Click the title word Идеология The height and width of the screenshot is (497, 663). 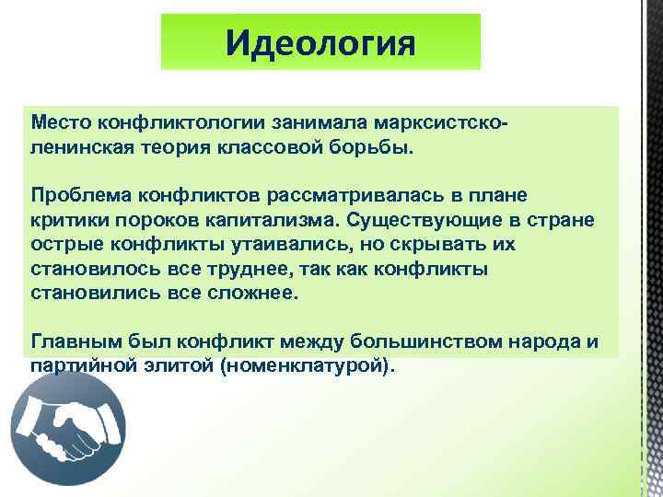point(320,42)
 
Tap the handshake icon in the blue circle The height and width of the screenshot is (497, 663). point(67,428)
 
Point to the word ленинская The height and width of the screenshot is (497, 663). point(76,147)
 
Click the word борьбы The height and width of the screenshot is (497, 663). point(377,147)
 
